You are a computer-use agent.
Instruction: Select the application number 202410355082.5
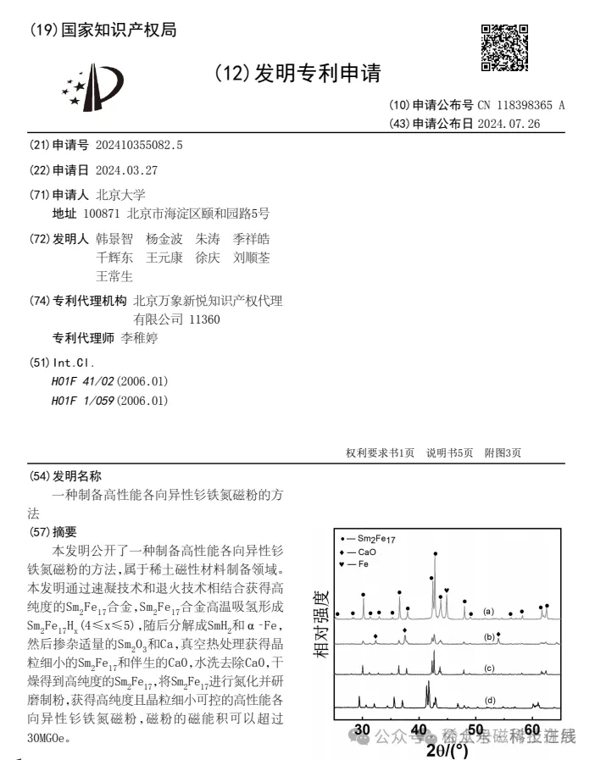[139, 145]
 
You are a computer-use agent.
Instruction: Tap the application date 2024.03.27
[126, 169]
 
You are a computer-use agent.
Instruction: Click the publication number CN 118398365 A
[520, 105]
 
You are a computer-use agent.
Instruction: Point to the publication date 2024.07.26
[509, 124]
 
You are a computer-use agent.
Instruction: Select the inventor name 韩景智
[114, 239]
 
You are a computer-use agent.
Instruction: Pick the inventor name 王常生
[114, 276]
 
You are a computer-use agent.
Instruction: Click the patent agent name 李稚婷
[139, 338]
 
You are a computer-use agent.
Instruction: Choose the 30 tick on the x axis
[364, 729]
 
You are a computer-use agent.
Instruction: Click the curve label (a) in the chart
[489, 611]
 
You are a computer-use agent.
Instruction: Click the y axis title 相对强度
[322, 624]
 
